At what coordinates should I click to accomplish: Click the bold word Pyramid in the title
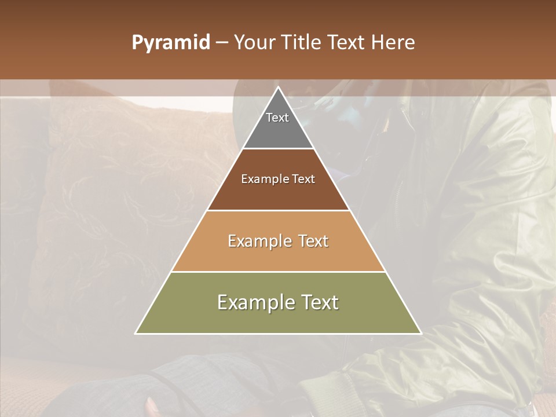171,43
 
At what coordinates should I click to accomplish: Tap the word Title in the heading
302,43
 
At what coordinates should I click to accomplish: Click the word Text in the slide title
348,43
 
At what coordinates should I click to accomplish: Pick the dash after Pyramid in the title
222,43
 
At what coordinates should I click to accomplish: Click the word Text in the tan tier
313,241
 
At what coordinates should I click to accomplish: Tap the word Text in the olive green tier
320,302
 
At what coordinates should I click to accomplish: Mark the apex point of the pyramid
278,87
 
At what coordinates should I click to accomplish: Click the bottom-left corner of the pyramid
136,334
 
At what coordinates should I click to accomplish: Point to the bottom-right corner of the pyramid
421,334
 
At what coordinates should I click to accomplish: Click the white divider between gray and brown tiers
278,149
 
